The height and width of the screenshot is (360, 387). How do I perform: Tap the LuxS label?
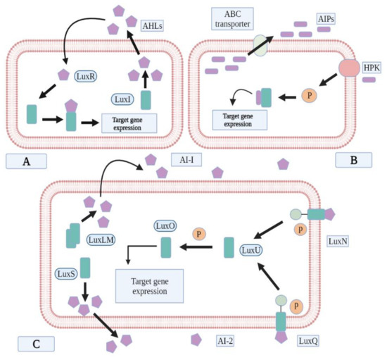coord(64,271)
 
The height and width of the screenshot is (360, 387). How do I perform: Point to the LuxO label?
coord(167,228)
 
